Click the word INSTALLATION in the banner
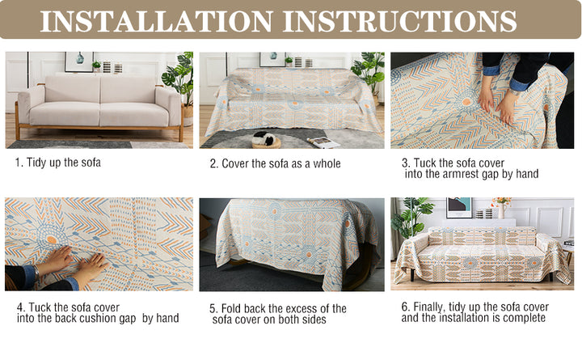156,21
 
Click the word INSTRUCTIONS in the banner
399,21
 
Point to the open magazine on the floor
323,142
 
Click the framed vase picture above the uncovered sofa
79,61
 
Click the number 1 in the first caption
18,163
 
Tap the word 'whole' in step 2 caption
327,163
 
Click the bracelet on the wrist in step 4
36,272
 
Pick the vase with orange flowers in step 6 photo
501,207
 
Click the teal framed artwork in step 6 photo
459,208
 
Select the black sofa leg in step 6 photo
413,275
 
